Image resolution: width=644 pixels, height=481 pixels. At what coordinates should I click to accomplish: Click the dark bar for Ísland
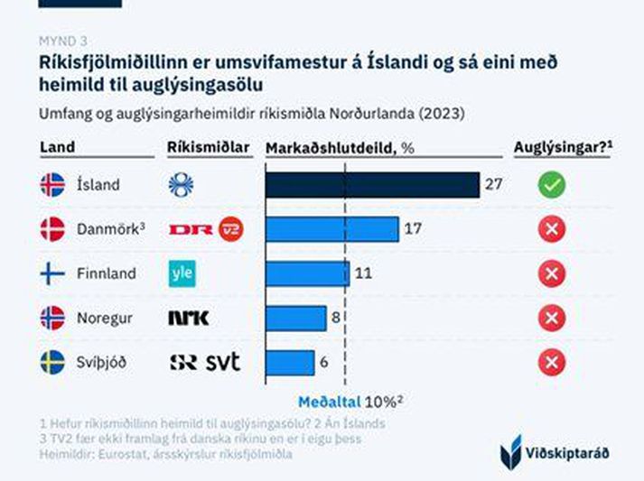point(371,185)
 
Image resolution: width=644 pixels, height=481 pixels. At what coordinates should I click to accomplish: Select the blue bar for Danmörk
point(331,229)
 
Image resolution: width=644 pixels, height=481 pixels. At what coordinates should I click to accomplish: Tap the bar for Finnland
point(307,273)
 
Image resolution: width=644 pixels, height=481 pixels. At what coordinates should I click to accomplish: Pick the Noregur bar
point(295,318)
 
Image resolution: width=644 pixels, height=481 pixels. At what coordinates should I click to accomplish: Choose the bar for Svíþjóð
point(290,362)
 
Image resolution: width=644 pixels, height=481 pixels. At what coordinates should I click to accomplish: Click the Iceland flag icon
point(53,185)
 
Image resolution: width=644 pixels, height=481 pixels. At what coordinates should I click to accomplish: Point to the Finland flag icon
point(53,273)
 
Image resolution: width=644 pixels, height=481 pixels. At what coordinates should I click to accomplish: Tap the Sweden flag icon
point(53,363)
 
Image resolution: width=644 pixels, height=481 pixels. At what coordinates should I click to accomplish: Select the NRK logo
point(189,318)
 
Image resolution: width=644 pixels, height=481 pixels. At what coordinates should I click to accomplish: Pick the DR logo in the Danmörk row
point(191,229)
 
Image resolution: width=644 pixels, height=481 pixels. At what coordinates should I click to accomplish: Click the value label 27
point(493,185)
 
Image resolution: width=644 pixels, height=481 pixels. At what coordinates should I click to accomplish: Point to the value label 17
point(413,229)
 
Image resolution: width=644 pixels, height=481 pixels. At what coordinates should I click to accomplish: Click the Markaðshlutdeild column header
point(339,147)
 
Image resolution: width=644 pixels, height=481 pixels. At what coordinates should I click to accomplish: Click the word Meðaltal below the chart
point(329,402)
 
